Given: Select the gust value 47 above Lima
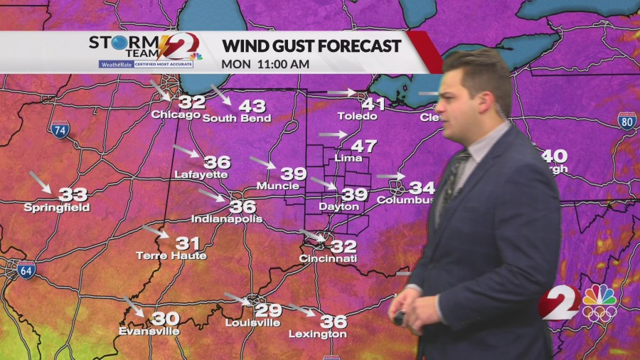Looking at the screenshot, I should tap(363, 147).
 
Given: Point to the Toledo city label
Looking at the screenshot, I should tap(357, 116).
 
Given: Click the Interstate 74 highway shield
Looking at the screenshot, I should tap(60, 130).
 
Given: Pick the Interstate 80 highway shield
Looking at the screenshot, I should tap(626, 120).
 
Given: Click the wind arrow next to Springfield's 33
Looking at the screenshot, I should tap(40, 183).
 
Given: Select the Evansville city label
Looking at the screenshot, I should tap(149, 331).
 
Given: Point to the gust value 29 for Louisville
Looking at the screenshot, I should tap(268, 310).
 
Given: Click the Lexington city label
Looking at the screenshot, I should tap(318, 334).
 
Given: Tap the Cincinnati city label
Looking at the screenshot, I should tap(328, 259).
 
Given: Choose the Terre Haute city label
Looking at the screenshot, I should tap(171, 255).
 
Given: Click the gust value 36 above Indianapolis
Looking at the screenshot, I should tap(242, 206).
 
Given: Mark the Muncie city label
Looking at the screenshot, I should tap(279, 186).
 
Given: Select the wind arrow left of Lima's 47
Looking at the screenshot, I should tap(332, 134).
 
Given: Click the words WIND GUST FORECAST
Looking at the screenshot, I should tap(311, 47).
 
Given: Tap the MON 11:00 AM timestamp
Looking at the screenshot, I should tap(265, 63).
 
